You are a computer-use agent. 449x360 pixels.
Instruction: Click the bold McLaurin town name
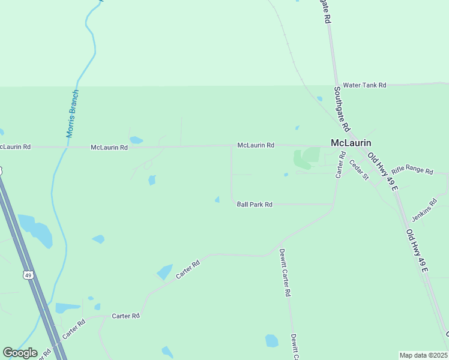[x=351, y=143]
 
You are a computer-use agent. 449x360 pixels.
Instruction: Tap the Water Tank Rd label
[x=364, y=86]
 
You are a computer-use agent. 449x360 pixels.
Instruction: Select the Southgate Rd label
[x=342, y=109]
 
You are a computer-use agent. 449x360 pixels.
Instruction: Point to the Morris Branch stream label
[x=73, y=113]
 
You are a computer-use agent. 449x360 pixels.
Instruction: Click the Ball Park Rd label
[x=255, y=205]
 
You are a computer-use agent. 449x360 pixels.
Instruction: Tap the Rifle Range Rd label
[x=412, y=171]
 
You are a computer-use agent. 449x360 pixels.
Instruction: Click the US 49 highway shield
[x=28, y=275]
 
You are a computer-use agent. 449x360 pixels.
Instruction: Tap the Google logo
[x=20, y=353]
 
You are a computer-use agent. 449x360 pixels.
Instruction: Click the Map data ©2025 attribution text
[x=423, y=355]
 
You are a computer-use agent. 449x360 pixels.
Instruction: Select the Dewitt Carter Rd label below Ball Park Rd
[x=285, y=273]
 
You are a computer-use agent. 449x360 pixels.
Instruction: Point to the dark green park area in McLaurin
[x=306, y=158]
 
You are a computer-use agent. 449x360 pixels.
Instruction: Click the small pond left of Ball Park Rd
[x=217, y=199]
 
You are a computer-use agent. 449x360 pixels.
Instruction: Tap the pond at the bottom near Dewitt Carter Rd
[x=272, y=341]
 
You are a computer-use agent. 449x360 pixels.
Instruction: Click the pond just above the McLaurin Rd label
[x=136, y=140]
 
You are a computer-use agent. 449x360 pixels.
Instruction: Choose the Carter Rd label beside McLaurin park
[x=340, y=164]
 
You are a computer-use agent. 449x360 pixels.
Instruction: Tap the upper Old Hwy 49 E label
[x=382, y=171]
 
